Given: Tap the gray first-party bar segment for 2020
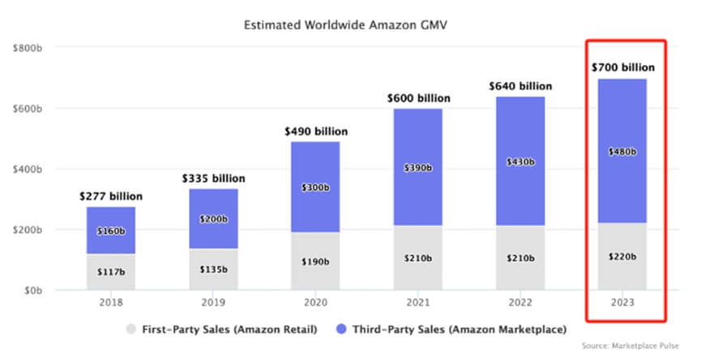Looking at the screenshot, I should pyautogui.click(x=315, y=261).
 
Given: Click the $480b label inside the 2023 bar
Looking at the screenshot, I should pyautogui.click(x=622, y=151).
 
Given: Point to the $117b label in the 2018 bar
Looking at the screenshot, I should pyautogui.click(x=111, y=272).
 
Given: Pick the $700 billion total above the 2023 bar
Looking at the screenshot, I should pyautogui.click(x=622, y=67).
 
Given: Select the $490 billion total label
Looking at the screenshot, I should pyautogui.click(x=315, y=131).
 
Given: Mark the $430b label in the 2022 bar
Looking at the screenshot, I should pyautogui.click(x=520, y=161).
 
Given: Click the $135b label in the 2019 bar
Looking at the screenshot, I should pyautogui.click(x=213, y=268).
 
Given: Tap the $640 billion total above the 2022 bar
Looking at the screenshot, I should pyautogui.click(x=520, y=85).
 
